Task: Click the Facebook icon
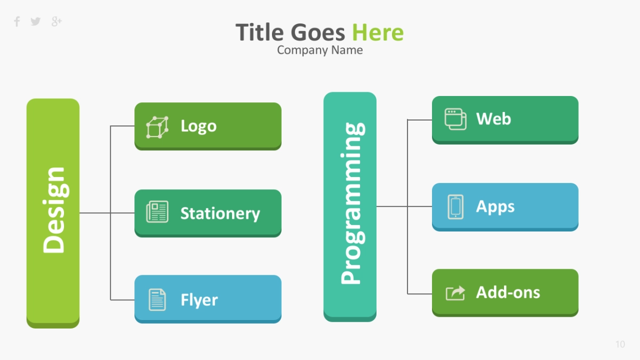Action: [x=17, y=21]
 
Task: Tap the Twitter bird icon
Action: [x=36, y=21]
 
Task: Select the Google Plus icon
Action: [x=57, y=21]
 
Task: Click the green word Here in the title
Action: [x=378, y=33]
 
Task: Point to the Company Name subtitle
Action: [x=320, y=50]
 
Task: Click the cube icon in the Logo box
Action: [x=157, y=127]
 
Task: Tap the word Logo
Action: [x=198, y=126]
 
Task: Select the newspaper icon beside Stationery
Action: [x=157, y=212]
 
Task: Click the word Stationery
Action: [x=220, y=213]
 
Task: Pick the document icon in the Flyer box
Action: [x=157, y=300]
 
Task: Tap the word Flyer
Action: [x=199, y=300]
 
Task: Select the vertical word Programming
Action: [x=353, y=203]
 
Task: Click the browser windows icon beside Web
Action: [x=455, y=119]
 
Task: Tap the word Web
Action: [x=493, y=118]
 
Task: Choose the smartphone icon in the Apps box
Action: [x=455, y=207]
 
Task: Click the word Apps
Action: [x=495, y=207]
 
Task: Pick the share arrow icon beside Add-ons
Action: [x=455, y=293]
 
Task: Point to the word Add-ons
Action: [x=508, y=292]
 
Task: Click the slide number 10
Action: [x=620, y=345]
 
